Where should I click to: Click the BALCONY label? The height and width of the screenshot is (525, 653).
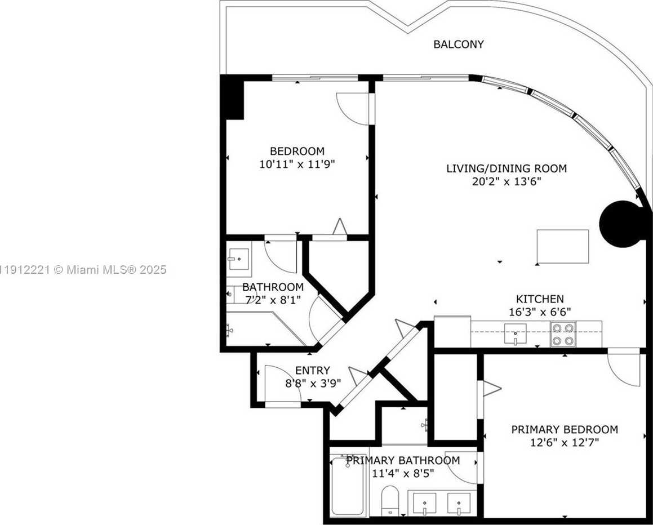459,44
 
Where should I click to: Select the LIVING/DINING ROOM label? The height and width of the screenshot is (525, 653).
507,168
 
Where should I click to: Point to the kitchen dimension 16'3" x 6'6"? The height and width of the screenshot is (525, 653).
540,312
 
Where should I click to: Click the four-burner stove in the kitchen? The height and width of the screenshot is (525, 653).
563,334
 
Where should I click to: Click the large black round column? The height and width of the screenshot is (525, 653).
620,224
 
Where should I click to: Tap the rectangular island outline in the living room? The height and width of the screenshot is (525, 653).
563,246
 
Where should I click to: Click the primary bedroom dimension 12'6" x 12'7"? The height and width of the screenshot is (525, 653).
565,442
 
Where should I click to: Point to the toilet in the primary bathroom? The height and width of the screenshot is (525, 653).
390,499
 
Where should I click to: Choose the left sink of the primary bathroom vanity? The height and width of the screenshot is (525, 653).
424,504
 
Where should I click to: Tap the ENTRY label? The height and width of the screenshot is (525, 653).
312,371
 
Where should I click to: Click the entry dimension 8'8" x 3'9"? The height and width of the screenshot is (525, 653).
313,383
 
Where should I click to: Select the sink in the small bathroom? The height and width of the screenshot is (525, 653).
239,259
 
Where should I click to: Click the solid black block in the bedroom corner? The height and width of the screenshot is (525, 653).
232,98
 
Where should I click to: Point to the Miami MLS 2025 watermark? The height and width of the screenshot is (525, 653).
83,270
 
